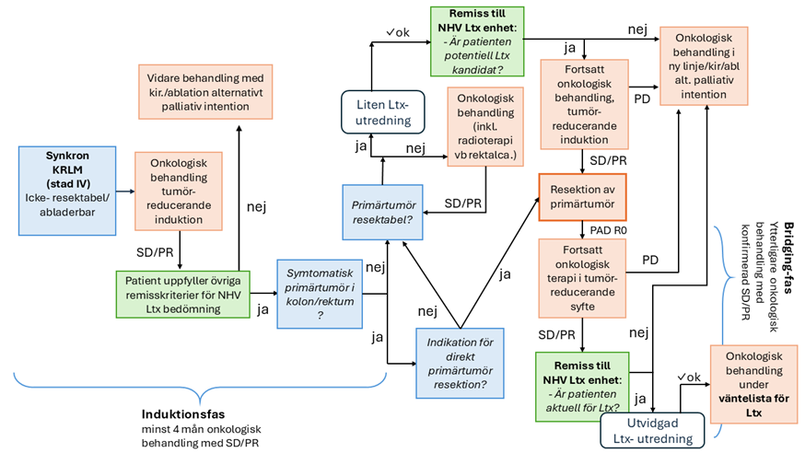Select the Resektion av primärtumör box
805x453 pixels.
click(x=585, y=199)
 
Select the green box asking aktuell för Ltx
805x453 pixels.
click(x=582, y=386)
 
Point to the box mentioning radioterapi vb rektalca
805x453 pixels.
click(x=485, y=126)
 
